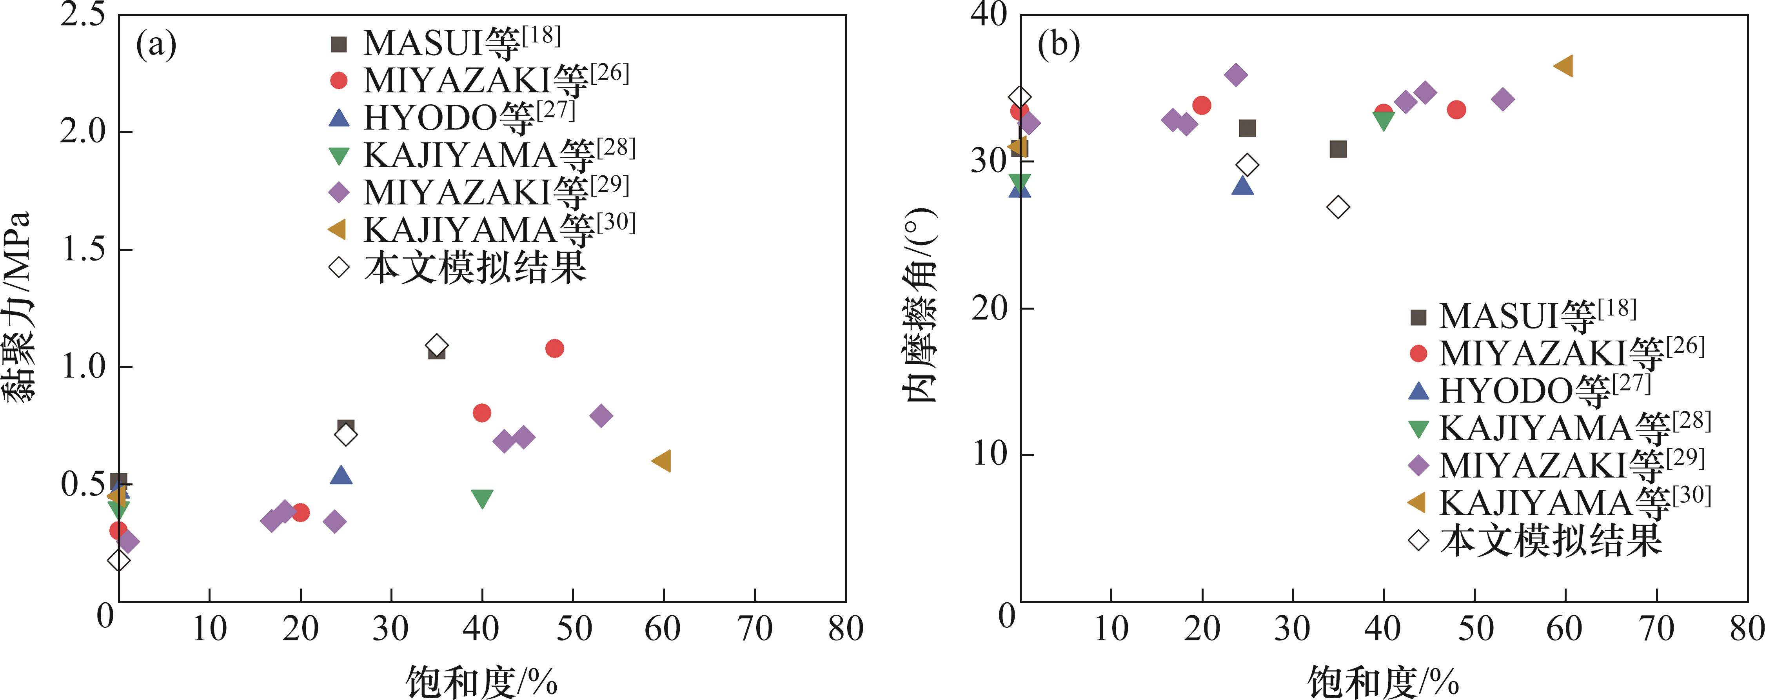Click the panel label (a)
[156, 45]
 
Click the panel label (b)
[1059, 45]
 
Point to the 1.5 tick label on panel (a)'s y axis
[82, 248]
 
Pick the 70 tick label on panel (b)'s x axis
[1656, 628]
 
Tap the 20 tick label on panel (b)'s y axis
[990, 308]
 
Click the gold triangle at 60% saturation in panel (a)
[661, 461]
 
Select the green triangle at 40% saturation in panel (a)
[482, 498]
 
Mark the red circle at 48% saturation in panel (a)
[554, 348]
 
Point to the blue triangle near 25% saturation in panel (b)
[1242, 186]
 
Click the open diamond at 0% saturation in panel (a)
[118, 560]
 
